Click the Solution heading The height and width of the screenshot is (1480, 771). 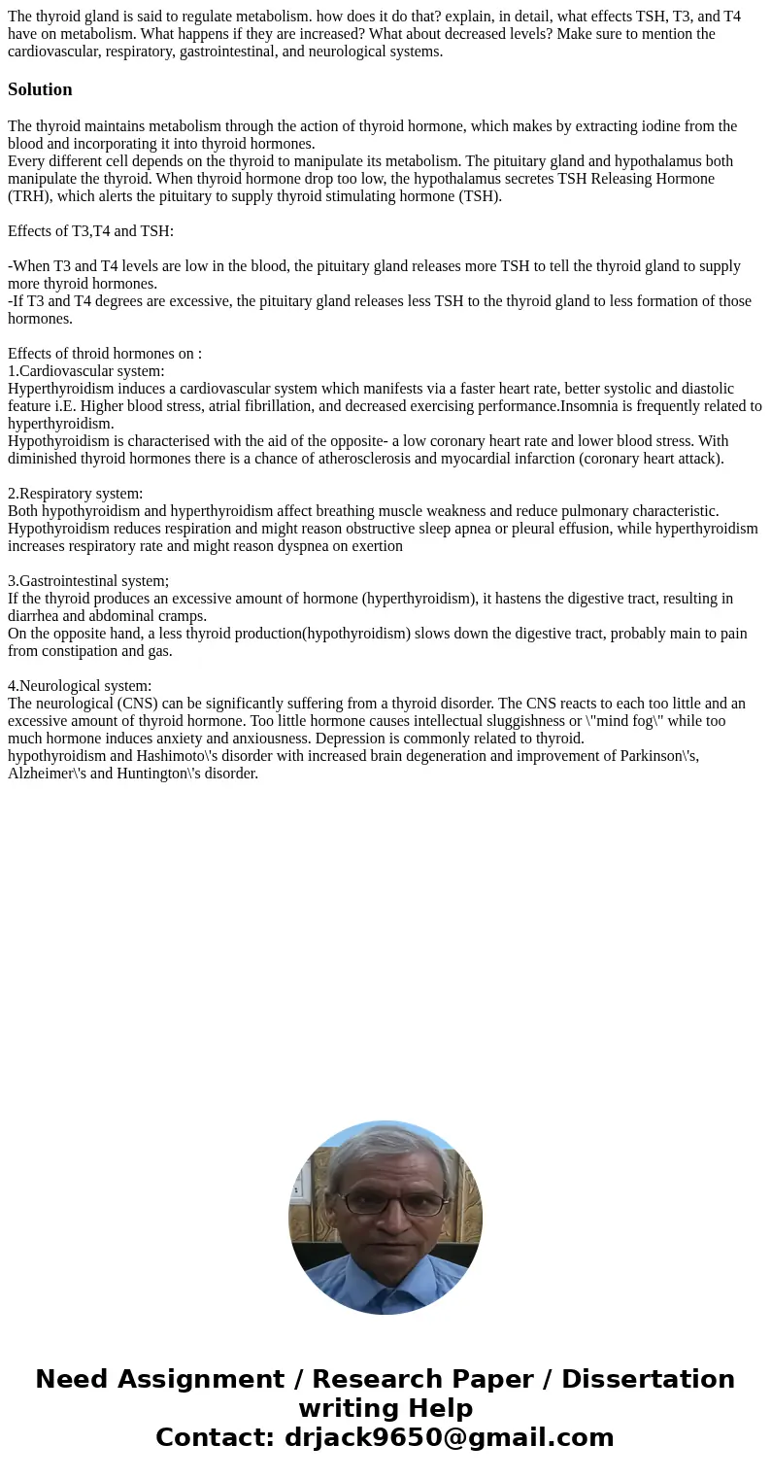[40, 89]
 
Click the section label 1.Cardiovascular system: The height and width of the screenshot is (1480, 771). [86, 371]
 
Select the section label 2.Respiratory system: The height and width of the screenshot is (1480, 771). [76, 494]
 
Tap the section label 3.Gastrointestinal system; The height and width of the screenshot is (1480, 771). [88, 581]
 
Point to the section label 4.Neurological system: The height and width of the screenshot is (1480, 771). [80, 686]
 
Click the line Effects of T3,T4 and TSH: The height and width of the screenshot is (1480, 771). [90, 231]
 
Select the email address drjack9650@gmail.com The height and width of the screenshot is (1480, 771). [450, 1437]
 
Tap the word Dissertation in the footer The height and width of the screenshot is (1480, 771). [648, 1379]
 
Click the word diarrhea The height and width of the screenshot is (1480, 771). [34, 616]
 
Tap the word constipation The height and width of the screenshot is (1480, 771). [81, 651]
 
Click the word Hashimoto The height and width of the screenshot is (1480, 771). [172, 756]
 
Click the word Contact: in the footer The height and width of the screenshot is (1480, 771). [215, 1437]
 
